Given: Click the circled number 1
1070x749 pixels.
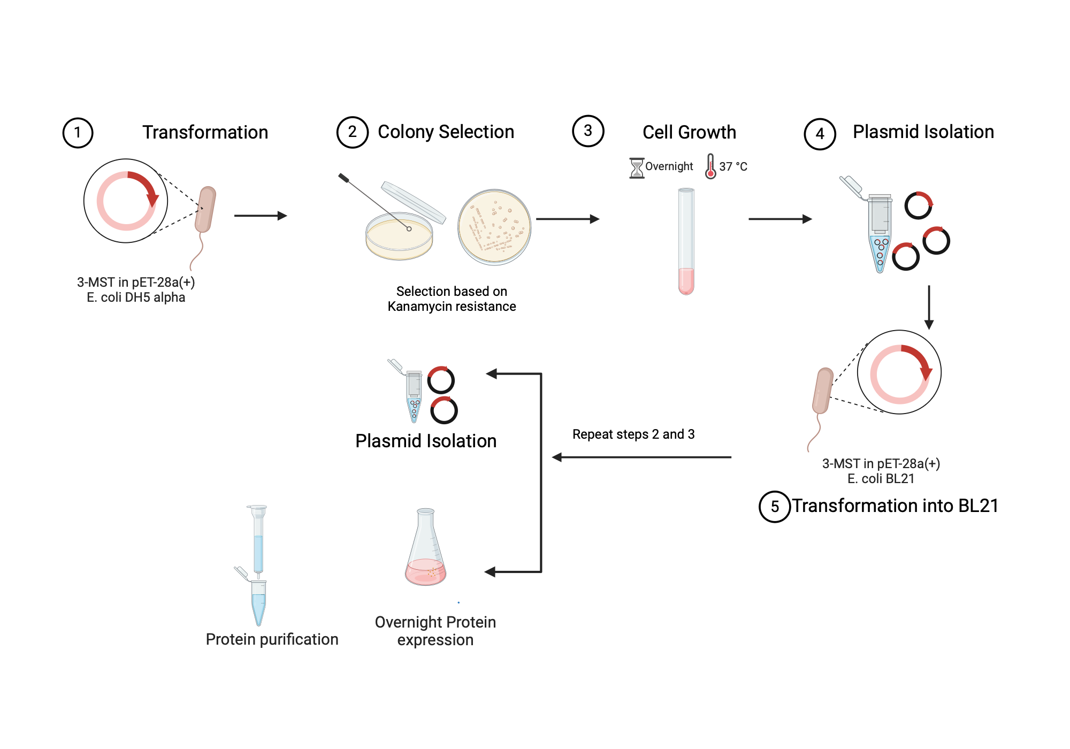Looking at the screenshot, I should point(78,133).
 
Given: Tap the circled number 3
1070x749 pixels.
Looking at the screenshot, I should point(588,131).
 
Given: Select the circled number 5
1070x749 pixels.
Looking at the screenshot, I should point(774,507).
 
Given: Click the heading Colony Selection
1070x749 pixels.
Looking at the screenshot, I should point(446,132).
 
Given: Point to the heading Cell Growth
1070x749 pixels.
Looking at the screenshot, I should point(689,132).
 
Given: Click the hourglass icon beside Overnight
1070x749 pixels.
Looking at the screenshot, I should point(637,167).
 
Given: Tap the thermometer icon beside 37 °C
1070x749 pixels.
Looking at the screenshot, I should point(710,166).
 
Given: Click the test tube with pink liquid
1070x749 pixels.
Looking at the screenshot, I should point(686,241).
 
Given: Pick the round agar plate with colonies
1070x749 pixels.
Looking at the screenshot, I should point(494,227).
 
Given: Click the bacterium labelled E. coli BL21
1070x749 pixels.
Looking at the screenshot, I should point(823,391).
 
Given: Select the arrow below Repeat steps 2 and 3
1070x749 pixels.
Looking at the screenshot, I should point(641,457).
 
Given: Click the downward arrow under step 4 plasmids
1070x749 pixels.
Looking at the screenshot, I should point(929,307).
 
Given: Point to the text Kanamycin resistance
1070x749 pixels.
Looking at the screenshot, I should point(452,307).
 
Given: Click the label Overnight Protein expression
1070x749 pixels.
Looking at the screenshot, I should point(435,631).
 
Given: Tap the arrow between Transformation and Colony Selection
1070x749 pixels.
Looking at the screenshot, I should point(261,216).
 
